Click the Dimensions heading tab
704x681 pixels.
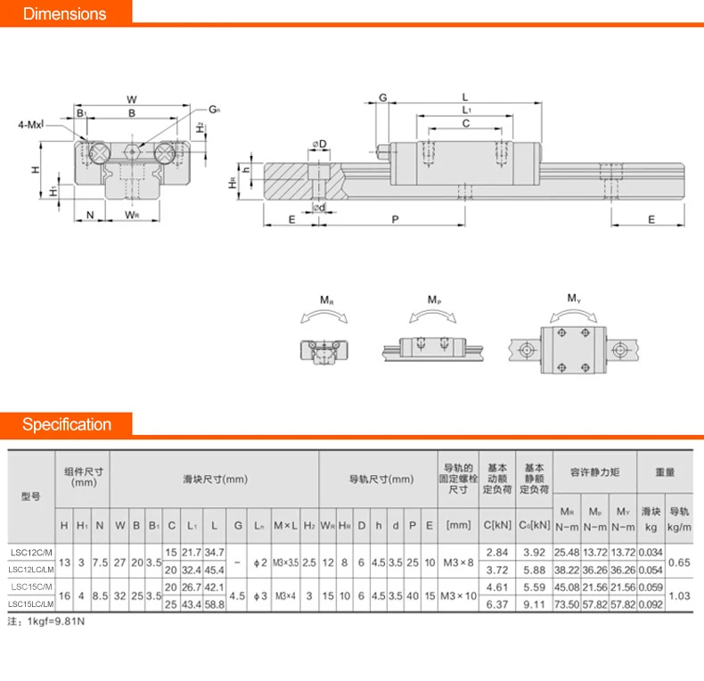pyautogui.click(x=64, y=13)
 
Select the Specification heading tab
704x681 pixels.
pyautogui.click(x=67, y=424)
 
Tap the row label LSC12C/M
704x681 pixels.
pyautogui.click(x=30, y=552)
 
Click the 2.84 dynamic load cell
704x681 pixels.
pyautogui.click(x=496, y=552)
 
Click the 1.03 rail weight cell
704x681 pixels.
pyautogui.click(x=680, y=596)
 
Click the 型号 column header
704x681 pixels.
pyautogui.click(x=30, y=496)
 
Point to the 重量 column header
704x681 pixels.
pyautogui.click(x=664, y=472)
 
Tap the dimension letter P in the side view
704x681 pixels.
pyautogui.click(x=395, y=219)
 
